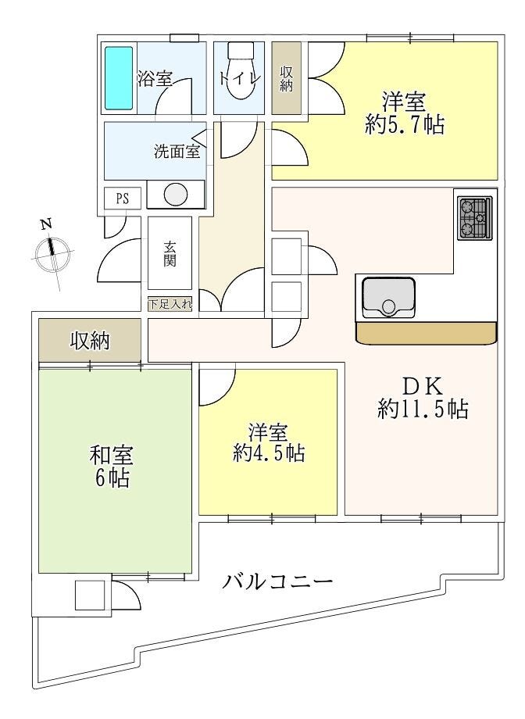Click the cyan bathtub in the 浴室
pos(119,78)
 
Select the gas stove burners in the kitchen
pos(474,218)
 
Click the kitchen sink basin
pos(389,298)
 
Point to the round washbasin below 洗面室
pos(176,195)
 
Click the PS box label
pos(122,199)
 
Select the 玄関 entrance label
pos(170,253)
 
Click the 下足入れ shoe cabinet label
pos(170,305)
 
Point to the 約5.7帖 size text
pos(405,124)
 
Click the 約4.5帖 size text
pos(269,453)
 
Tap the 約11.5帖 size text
pos(423,409)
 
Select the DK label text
pos(423,387)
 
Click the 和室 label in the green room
pos(112,456)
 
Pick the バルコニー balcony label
pos(277,581)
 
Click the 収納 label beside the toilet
pos(287,80)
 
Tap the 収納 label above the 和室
pos(91,341)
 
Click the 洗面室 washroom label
pos(177,152)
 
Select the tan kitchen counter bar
pos(427,332)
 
